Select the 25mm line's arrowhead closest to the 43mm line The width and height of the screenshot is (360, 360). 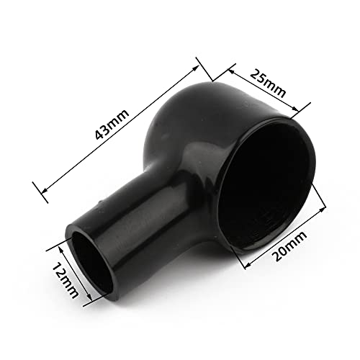[229, 70]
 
